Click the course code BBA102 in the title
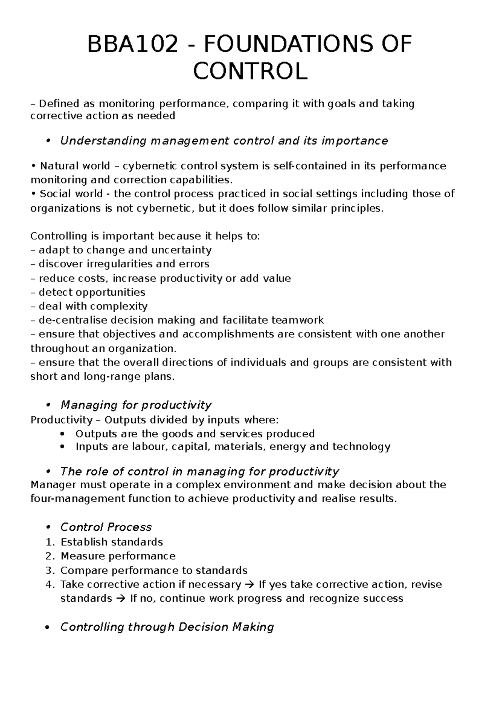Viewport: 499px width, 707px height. tap(134, 45)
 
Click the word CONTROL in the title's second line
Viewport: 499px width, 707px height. tap(250, 71)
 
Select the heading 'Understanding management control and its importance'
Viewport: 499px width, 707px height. tap(224, 141)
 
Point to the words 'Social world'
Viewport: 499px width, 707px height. tap(71, 194)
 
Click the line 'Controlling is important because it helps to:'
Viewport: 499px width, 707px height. tap(145, 236)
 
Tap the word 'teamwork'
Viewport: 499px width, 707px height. tap(297, 320)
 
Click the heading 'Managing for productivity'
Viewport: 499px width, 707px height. tap(136, 405)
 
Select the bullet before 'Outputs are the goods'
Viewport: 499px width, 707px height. tap(62, 434)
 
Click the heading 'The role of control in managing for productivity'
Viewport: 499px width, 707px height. tap(200, 471)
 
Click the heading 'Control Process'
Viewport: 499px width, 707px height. tap(106, 527)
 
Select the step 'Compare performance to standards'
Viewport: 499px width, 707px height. tap(154, 570)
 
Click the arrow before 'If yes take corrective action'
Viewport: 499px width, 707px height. tap(249, 585)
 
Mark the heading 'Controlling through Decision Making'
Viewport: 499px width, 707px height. tap(167, 627)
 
